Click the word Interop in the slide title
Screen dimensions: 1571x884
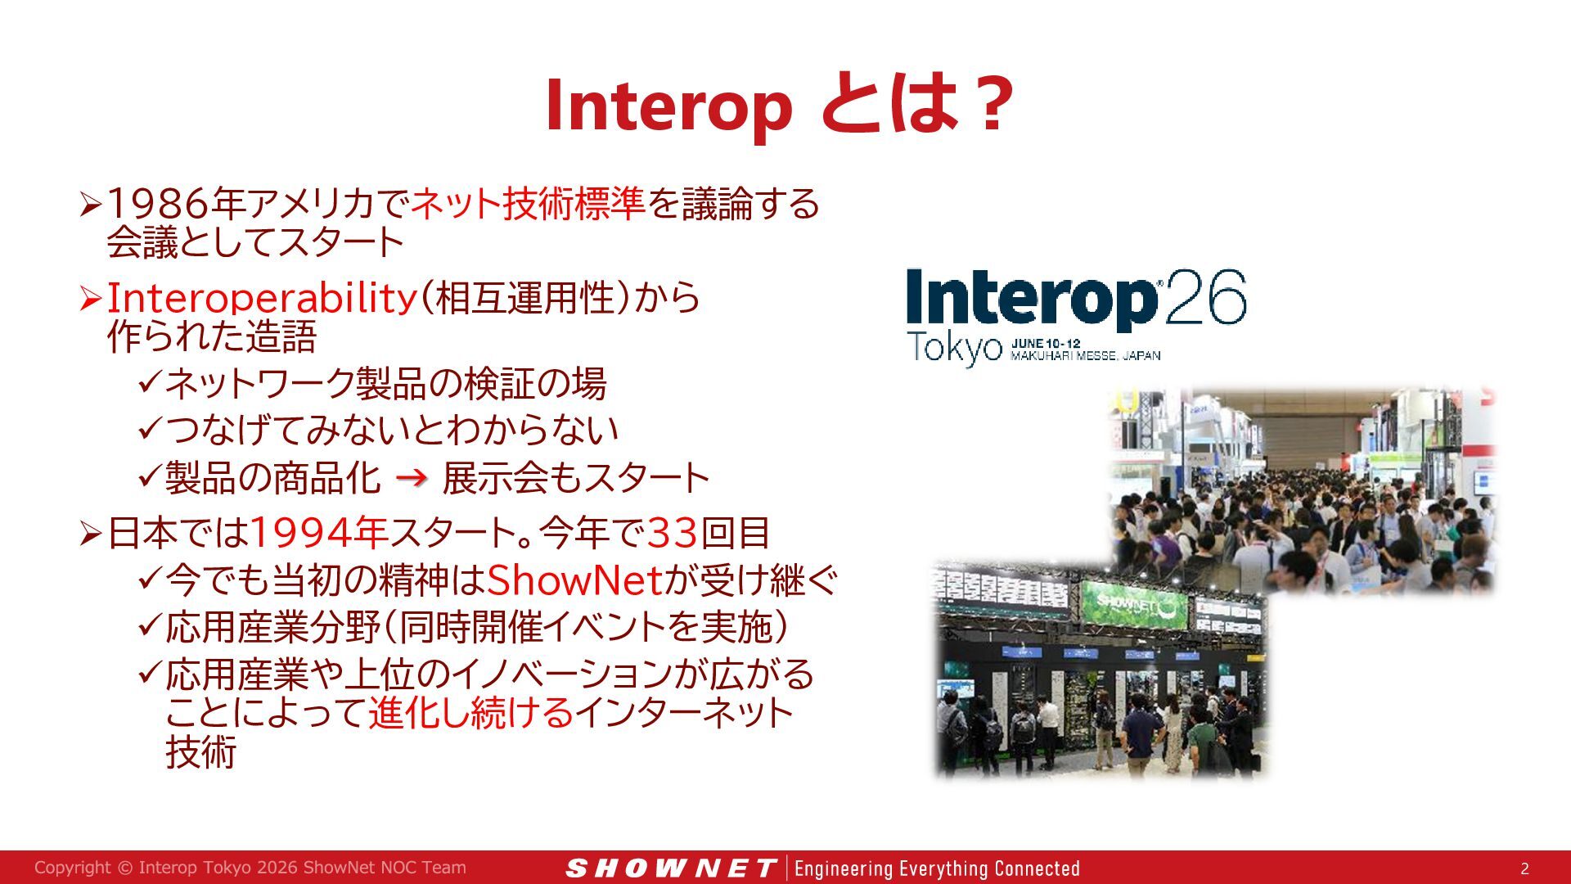[x=669, y=106]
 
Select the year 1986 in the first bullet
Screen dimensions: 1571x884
[x=158, y=203]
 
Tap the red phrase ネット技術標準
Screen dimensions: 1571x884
[x=528, y=203]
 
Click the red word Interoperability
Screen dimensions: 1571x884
[x=262, y=297]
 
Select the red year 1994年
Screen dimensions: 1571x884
[x=318, y=533]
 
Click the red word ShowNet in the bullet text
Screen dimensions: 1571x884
[x=574, y=580]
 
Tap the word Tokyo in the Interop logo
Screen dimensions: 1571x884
[x=954, y=348]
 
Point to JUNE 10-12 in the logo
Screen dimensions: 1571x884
[x=1046, y=344]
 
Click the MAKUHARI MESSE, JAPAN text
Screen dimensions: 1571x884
[x=1086, y=356]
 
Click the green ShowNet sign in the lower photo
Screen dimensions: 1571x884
[x=1133, y=605]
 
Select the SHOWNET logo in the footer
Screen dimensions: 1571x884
[x=671, y=868]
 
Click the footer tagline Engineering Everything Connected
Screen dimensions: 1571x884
[x=937, y=868]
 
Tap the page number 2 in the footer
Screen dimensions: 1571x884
[x=1524, y=868]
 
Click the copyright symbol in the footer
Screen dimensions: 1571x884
[x=124, y=868]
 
